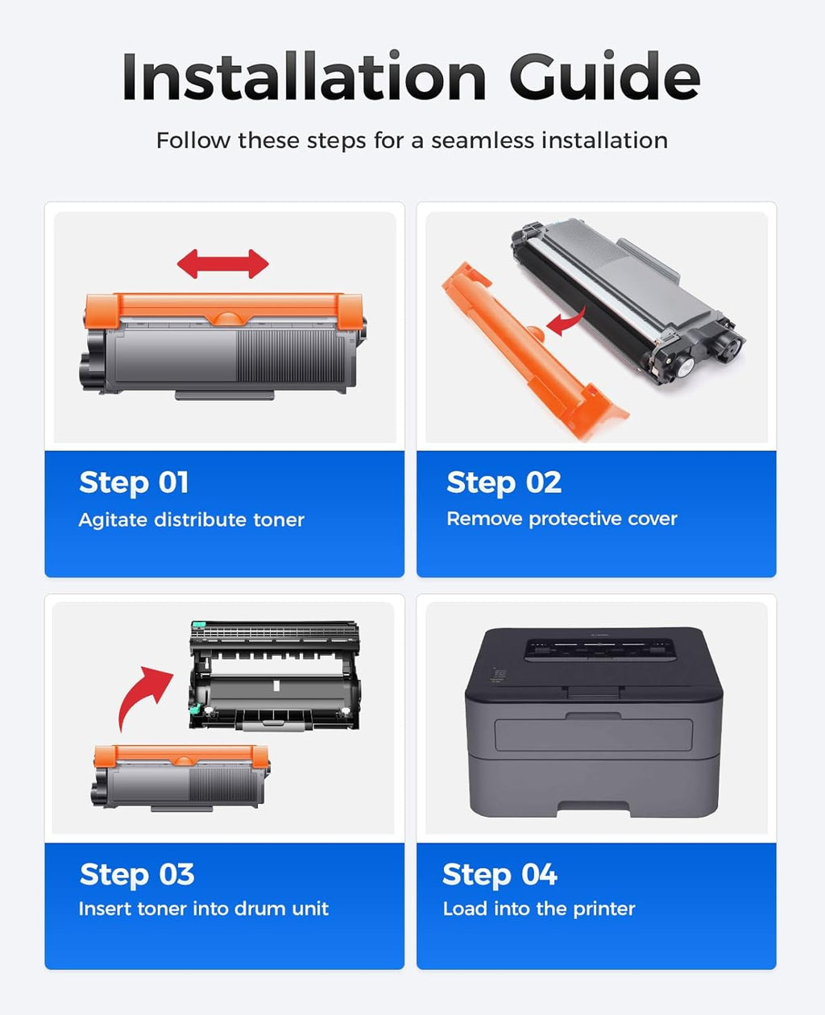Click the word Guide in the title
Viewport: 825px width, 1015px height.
click(604, 77)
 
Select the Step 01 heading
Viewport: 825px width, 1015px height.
click(134, 483)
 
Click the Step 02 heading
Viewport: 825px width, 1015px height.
click(504, 483)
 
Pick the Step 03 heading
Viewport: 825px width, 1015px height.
click(137, 874)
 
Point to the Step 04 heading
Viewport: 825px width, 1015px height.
click(500, 874)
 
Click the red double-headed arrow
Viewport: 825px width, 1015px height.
click(223, 264)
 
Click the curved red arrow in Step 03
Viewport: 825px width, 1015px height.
click(142, 694)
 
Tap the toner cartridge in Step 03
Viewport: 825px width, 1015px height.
click(180, 777)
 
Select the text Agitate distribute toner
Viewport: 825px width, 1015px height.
click(191, 520)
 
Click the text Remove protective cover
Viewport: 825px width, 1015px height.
click(562, 519)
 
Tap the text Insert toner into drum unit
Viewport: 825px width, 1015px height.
click(203, 909)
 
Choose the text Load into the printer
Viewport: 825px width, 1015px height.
click(539, 909)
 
